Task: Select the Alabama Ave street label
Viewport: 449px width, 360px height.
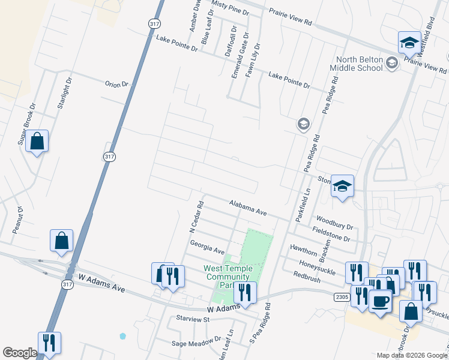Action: [x=247, y=208]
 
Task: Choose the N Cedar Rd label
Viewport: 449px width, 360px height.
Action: [x=196, y=217]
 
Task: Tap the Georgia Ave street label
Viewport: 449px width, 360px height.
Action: [x=206, y=246]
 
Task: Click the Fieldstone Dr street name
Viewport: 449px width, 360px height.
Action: [x=331, y=234]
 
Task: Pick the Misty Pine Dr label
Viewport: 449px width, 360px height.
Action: [x=230, y=7]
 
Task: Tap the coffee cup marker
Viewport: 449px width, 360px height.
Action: [x=380, y=301]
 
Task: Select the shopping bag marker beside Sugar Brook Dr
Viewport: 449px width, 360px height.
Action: [x=37, y=142]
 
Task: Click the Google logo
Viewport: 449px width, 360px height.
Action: [x=20, y=353]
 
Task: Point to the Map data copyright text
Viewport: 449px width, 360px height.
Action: [x=411, y=355]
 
